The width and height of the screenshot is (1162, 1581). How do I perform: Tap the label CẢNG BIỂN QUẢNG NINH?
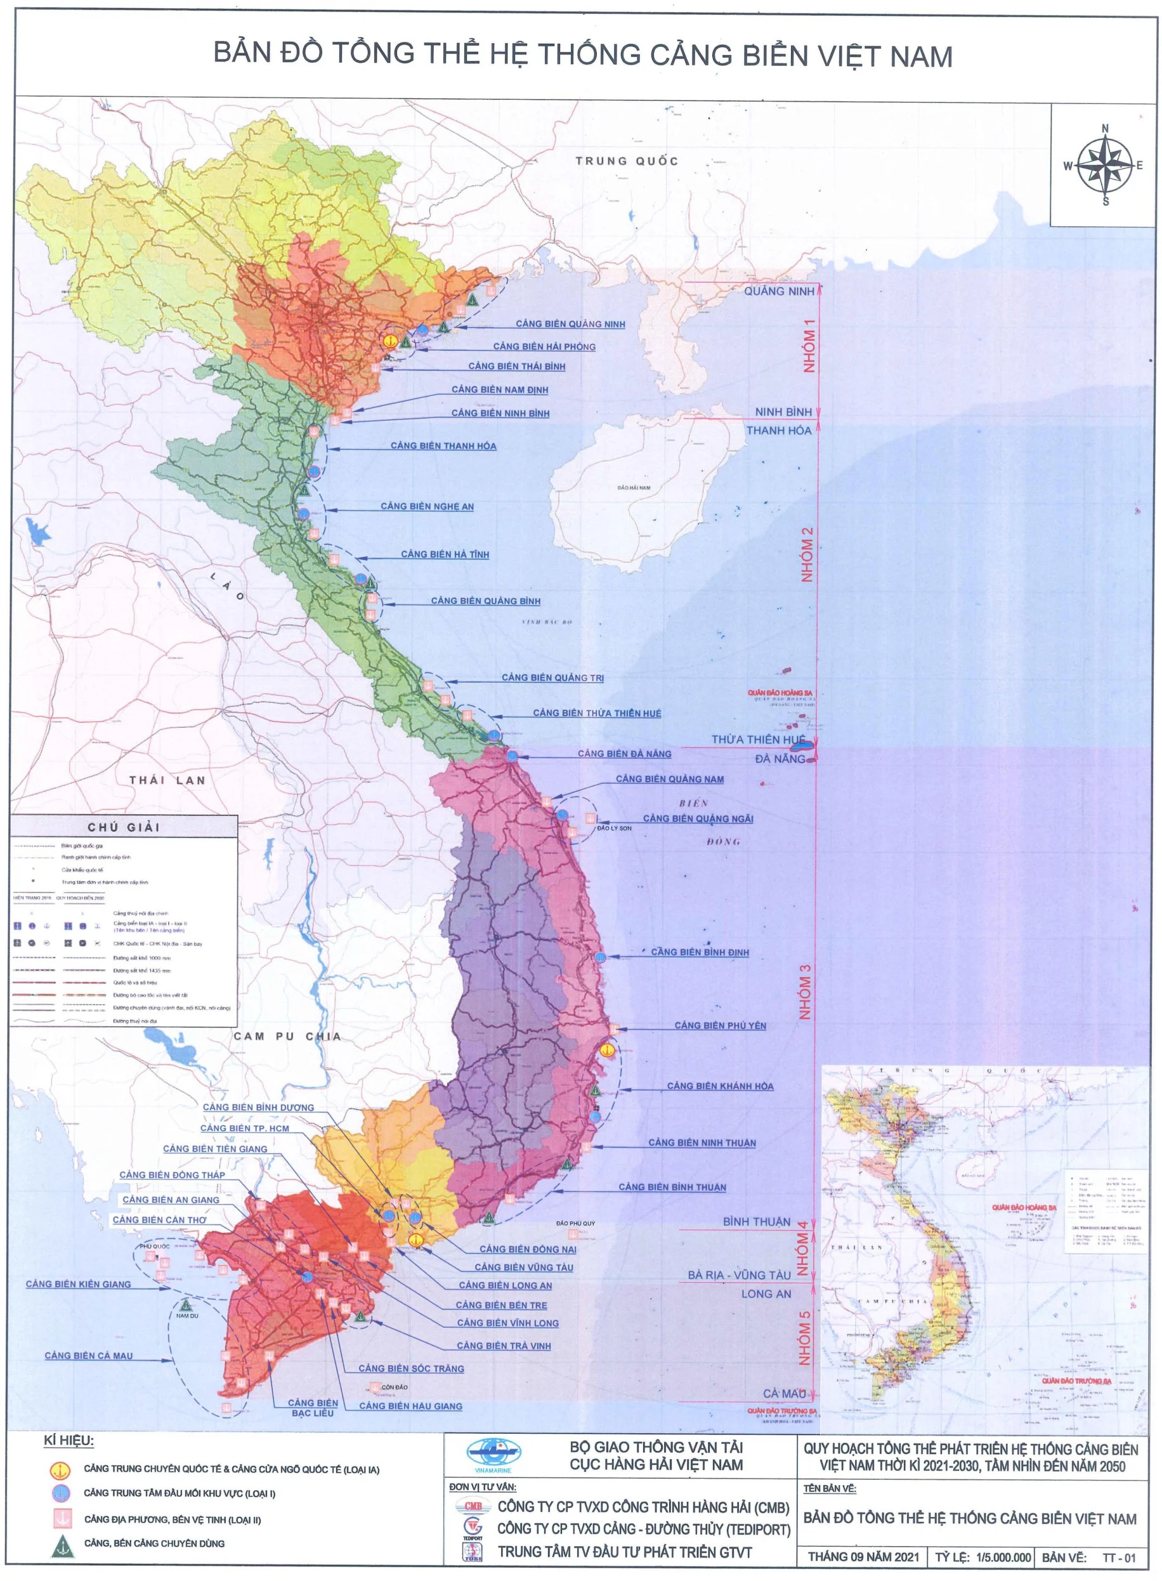[570, 324]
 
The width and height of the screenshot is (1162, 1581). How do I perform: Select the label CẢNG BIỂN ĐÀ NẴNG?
[624, 754]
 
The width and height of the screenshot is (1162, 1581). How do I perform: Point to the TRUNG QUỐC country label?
[627, 161]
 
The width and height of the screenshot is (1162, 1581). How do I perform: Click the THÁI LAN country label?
[167, 780]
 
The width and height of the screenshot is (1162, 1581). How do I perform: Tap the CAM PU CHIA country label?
[287, 1037]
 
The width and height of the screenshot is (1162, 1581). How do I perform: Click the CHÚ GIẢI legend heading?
[124, 827]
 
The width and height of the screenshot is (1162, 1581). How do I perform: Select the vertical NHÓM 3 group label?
[805, 992]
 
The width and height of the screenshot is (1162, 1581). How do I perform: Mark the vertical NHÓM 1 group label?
[809, 346]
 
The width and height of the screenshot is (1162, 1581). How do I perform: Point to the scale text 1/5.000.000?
[1003, 1558]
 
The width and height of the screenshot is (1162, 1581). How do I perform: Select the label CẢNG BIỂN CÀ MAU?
[89, 1355]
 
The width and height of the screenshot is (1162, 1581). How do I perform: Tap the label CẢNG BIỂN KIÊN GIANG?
[78, 1284]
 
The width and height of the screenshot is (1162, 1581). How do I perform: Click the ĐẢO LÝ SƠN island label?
[614, 829]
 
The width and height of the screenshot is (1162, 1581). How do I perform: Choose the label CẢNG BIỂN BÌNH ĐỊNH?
[699, 952]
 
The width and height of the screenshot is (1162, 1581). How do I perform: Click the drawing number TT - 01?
[1118, 1558]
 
